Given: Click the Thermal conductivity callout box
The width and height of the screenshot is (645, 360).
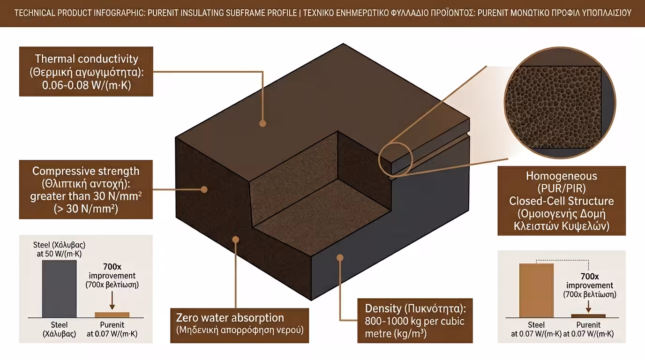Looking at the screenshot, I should coord(86,71).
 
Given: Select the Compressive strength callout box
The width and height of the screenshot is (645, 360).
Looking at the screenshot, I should coord(86,189).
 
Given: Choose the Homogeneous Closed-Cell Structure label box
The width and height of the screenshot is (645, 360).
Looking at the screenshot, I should coord(562,201).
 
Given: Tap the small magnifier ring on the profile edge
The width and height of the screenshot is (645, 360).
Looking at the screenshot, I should coord(395,158).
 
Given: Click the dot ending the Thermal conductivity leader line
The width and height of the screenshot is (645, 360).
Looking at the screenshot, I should coord(263,124).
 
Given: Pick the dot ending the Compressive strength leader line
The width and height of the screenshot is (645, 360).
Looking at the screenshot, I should coord(204,189).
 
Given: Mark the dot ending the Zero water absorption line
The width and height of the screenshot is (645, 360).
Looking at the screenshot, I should coord(236,239).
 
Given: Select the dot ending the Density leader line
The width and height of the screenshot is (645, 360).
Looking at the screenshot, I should coord(340,257).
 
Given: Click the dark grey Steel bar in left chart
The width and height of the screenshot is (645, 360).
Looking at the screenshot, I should coord(60,289).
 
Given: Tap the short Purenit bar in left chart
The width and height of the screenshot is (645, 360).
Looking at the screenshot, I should coord(112,315).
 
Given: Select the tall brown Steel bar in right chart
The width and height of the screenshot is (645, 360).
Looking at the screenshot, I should coord(536,291).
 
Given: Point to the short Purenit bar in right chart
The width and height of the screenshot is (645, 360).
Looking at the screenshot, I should coord(588,316).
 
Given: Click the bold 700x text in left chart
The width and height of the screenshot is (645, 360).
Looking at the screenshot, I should coord(112,267).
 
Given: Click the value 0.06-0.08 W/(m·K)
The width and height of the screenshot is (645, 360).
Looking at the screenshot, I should coord(86,86).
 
